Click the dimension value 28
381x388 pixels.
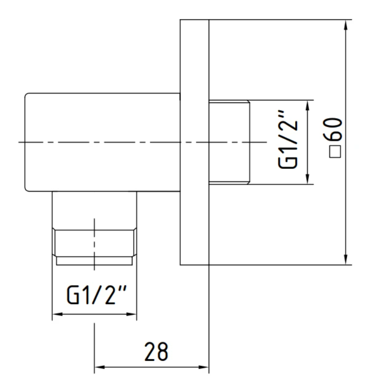point(156,352)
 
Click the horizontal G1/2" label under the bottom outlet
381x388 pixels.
point(97,295)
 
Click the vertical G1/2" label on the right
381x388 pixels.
point(287,139)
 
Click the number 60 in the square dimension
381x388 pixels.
point(333,129)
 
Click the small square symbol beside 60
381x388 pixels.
point(335,152)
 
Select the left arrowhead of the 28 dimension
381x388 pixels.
point(100,367)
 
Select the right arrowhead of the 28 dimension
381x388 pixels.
point(204,367)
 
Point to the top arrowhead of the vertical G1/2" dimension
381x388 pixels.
point(308,106)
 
